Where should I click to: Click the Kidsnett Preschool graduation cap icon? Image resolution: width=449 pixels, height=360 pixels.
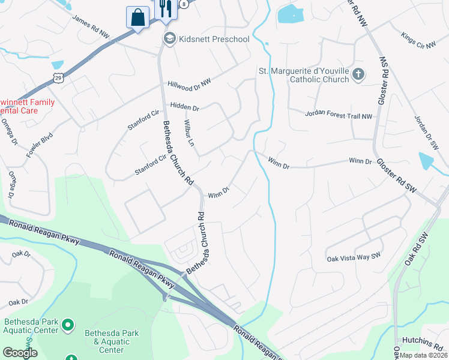[x=170, y=38]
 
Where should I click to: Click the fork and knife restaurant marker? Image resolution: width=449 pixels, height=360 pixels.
[x=164, y=8]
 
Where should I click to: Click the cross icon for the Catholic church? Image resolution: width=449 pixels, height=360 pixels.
[x=358, y=74]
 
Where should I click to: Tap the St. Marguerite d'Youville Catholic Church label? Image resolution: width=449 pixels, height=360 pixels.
[x=304, y=75]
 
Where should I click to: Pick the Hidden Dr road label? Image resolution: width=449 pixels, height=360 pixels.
[x=184, y=107]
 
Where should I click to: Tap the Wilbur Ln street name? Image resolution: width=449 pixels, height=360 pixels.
[x=189, y=133]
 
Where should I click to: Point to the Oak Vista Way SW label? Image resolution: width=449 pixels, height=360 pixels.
[x=354, y=259]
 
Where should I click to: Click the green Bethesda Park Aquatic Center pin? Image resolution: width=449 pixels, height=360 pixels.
[x=68, y=325]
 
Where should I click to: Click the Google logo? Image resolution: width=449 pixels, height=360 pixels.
[x=20, y=353]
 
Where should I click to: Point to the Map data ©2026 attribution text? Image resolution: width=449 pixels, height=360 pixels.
[x=423, y=355]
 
